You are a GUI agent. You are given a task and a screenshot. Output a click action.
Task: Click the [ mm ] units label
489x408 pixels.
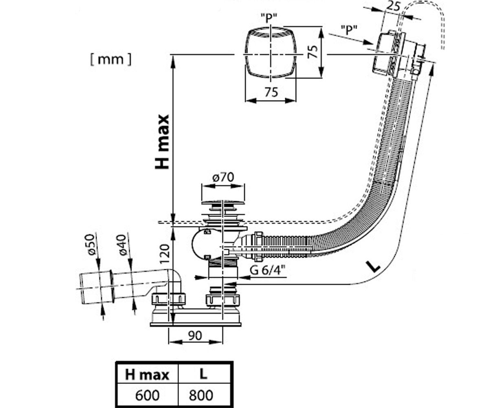111,60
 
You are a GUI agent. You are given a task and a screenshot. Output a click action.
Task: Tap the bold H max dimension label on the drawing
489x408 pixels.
162,142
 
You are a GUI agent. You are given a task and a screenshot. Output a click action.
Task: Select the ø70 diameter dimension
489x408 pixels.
223,177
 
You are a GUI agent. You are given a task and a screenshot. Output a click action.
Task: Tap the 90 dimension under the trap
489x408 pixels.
195,336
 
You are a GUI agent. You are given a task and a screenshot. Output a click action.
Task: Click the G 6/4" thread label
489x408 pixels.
267,270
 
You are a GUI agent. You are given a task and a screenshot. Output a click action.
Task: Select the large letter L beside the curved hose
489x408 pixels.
373,267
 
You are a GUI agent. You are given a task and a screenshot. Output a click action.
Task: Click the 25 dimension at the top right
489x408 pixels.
393,7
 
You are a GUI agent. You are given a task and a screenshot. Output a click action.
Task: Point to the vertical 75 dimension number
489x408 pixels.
313,51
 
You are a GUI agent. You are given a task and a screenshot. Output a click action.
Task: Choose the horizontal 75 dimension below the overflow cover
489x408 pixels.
271,92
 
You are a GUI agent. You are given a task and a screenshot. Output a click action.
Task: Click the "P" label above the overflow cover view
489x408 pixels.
269,18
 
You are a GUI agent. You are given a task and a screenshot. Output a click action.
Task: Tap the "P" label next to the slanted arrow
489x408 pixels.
349,30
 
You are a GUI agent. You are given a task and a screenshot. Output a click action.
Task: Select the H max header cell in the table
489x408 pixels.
147,375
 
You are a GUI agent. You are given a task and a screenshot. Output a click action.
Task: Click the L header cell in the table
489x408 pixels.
204,375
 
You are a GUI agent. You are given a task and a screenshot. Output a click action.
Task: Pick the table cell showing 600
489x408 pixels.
147,395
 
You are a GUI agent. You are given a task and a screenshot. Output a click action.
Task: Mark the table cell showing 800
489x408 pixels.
204,395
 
